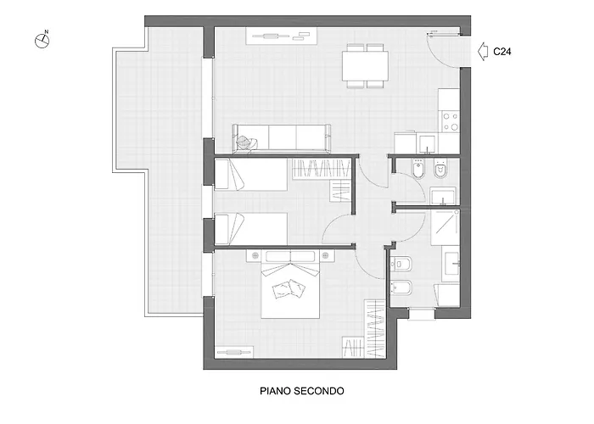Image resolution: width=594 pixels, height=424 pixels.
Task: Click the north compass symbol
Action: tap(42, 38)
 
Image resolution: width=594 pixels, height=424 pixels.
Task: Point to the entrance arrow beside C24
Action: tap(483, 51)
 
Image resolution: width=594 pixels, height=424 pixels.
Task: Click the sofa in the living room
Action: tap(282, 137)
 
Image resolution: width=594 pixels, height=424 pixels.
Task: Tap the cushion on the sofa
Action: tap(247, 143)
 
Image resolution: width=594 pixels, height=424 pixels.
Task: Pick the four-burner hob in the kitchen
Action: tap(450, 122)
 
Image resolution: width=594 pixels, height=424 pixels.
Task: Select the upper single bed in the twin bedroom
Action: tap(250, 176)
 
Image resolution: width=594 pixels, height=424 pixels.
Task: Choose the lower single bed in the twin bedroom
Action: tap(250, 228)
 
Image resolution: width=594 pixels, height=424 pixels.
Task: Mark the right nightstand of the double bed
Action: tap(327, 254)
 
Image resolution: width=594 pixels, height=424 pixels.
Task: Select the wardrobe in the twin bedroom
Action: tap(322, 170)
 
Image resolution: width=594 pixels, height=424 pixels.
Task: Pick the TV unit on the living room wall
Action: tap(280, 36)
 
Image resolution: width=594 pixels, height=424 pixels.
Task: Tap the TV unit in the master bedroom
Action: tap(235, 351)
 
